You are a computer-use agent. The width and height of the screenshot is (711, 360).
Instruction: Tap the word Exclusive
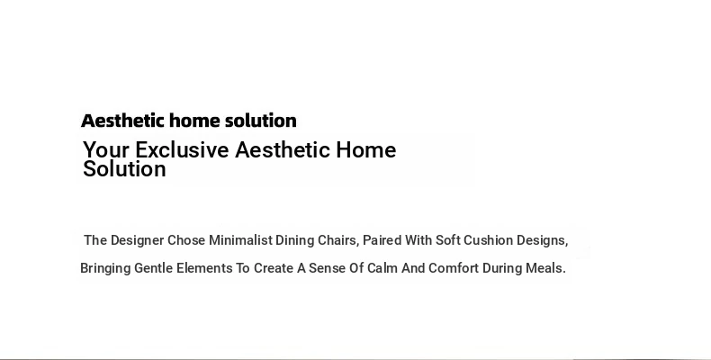pyautogui.click(x=182, y=150)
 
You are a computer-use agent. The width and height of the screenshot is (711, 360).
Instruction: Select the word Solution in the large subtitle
pyautogui.click(x=124, y=168)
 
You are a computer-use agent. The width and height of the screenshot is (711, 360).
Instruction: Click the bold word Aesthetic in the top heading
pyautogui.click(x=122, y=121)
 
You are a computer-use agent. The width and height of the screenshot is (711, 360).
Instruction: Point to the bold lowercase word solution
pyautogui.click(x=261, y=121)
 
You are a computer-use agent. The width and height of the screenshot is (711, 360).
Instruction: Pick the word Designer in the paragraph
pyautogui.click(x=137, y=240)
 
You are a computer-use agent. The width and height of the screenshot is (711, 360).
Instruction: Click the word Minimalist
pyautogui.click(x=240, y=239)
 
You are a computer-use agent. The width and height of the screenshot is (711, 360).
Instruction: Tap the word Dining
pyautogui.click(x=294, y=240)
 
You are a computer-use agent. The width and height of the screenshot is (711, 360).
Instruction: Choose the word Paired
pyautogui.click(x=382, y=239)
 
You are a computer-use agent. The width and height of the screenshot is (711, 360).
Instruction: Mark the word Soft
pyautogui.click(x=448, y=239)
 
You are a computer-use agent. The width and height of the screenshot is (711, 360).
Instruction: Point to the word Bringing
pyautogui.click(x=105, y=268)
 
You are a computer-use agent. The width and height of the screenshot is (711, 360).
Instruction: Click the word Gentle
pyautogui.click(x=154, y=268)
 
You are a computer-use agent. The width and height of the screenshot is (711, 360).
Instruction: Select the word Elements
pyautogui.click(x=204, y=268)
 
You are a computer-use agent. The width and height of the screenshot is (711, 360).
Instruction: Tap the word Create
pyautogui.click(x=274, y=268)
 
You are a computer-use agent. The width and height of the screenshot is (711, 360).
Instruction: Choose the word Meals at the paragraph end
pyautogui.click(x=545, y=268)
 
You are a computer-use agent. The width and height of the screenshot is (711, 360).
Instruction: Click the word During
pyautogui.click(x=502, y=268)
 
